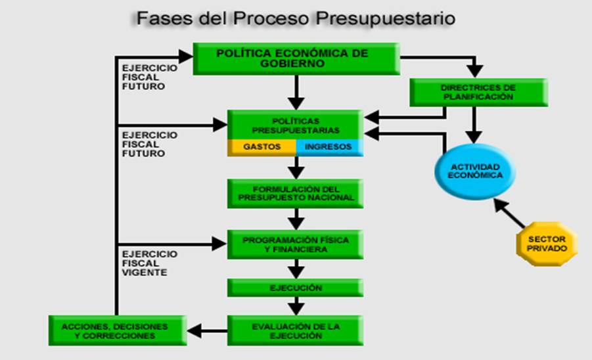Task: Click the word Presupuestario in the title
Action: [x=385, y=19]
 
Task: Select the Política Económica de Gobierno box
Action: [x=296, y=59]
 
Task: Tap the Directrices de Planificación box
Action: [x=479, y=93]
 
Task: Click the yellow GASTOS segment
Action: [x=262, y=148]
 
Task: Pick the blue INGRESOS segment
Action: [x=330, y=148]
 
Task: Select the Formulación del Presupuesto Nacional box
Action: [x=295, y=194]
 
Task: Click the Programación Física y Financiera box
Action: [x=295, y=244]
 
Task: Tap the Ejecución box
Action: [x=295, y=288]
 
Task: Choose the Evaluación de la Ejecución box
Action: [x=295, y=331]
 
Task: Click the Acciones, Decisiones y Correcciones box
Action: [x=118, y=331]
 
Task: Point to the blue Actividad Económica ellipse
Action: [x=475, y=171]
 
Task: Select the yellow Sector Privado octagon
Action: [x=547, y=244]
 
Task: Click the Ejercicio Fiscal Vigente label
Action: [x=150, y=263]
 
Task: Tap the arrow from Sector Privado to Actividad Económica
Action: [x=509, y=214]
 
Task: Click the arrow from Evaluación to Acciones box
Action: [x=207, y=331]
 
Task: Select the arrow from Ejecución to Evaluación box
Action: [x=296, y=306]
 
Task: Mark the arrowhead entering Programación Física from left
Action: [x=219, y=244]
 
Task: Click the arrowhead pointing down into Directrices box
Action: [x=475, y=71]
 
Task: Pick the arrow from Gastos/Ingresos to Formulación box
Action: [x=296, y=168]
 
